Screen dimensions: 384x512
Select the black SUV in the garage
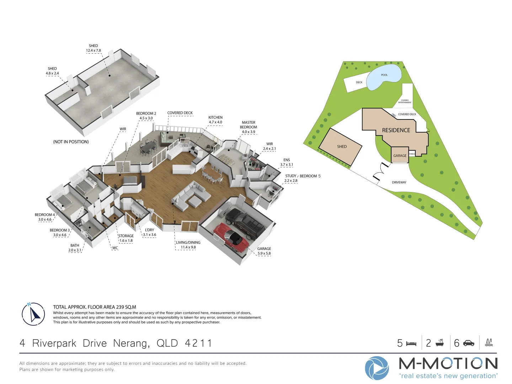coord(245,223)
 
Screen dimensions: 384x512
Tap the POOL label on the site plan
coord(384,75)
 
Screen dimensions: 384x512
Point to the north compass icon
coord(33,314)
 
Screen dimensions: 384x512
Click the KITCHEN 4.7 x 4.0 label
coord(215,120)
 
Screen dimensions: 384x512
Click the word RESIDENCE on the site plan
coord(396,130)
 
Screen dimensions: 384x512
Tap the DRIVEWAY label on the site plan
coord(399,182)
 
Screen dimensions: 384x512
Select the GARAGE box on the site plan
coord(400,155)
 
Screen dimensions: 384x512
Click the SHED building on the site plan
coord(341,146)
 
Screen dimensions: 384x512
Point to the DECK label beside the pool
coord(359,82)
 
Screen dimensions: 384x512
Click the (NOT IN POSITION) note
coord(71,142)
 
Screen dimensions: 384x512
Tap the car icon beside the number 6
coord(469,343)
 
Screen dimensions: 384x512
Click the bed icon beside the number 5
coord(411,343)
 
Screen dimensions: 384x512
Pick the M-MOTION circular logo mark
coord(377,368)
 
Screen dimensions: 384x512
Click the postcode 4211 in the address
coord(198,343)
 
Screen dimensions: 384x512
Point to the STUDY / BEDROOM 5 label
coord(303,176)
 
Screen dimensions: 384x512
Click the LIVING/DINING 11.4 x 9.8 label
coord(188,245)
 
